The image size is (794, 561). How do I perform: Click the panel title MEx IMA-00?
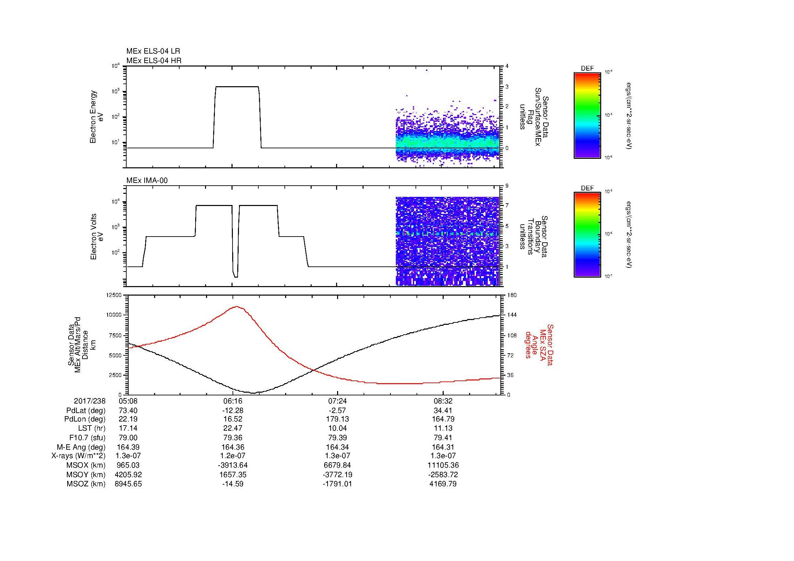[147, 181]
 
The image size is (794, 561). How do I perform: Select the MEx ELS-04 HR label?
[154, 60]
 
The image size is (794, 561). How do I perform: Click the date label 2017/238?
[90, 401]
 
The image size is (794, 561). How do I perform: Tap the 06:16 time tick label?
[233, 401]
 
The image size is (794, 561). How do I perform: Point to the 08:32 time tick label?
[443, 401]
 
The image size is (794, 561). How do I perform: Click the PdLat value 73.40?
[128, 411]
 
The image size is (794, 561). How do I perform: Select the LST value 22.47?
[233, 428]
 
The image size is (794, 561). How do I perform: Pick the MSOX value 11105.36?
[443, 465]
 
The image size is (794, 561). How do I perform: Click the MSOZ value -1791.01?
[337, 484]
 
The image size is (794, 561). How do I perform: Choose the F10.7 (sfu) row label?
[87, 437]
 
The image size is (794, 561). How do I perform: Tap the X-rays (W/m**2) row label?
[78, 456]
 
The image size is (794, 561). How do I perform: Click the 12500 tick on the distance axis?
[114, 295]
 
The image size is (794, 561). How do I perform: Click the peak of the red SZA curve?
[237, 306]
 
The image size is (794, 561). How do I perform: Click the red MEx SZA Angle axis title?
[539, 344]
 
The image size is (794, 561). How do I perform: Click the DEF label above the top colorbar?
[587, 69]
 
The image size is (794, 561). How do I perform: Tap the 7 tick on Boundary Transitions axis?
[507, 205]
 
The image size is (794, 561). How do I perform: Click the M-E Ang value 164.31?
[443, 447]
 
